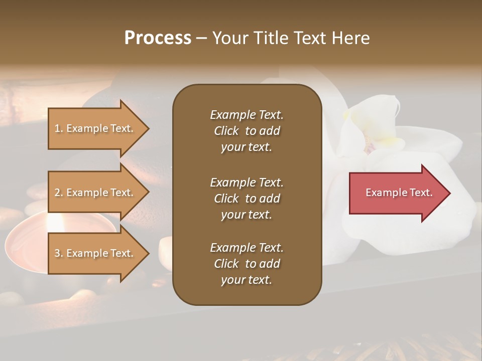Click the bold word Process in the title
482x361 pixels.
[158, 38]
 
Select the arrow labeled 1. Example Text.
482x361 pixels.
[95, 128]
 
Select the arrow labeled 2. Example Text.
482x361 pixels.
[95, 193]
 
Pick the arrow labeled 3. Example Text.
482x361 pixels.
[95, 253]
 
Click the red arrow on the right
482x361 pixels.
[397, 193]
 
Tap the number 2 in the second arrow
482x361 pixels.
[57, 193]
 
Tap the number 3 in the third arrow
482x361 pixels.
[57, 253]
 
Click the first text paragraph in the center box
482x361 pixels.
[247, 130]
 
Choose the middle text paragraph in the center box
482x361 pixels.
[247, 198]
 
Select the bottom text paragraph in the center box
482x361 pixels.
[247, 263]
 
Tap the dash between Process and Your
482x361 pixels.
[201, 38]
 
